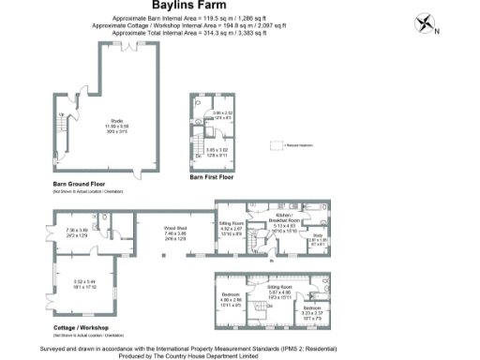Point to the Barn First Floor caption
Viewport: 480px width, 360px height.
coord(211,176)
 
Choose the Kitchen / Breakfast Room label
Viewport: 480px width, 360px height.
coord(284,219)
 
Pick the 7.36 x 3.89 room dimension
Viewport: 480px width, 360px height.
coord(76,232)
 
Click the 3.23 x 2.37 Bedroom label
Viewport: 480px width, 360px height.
coord(314,308)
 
